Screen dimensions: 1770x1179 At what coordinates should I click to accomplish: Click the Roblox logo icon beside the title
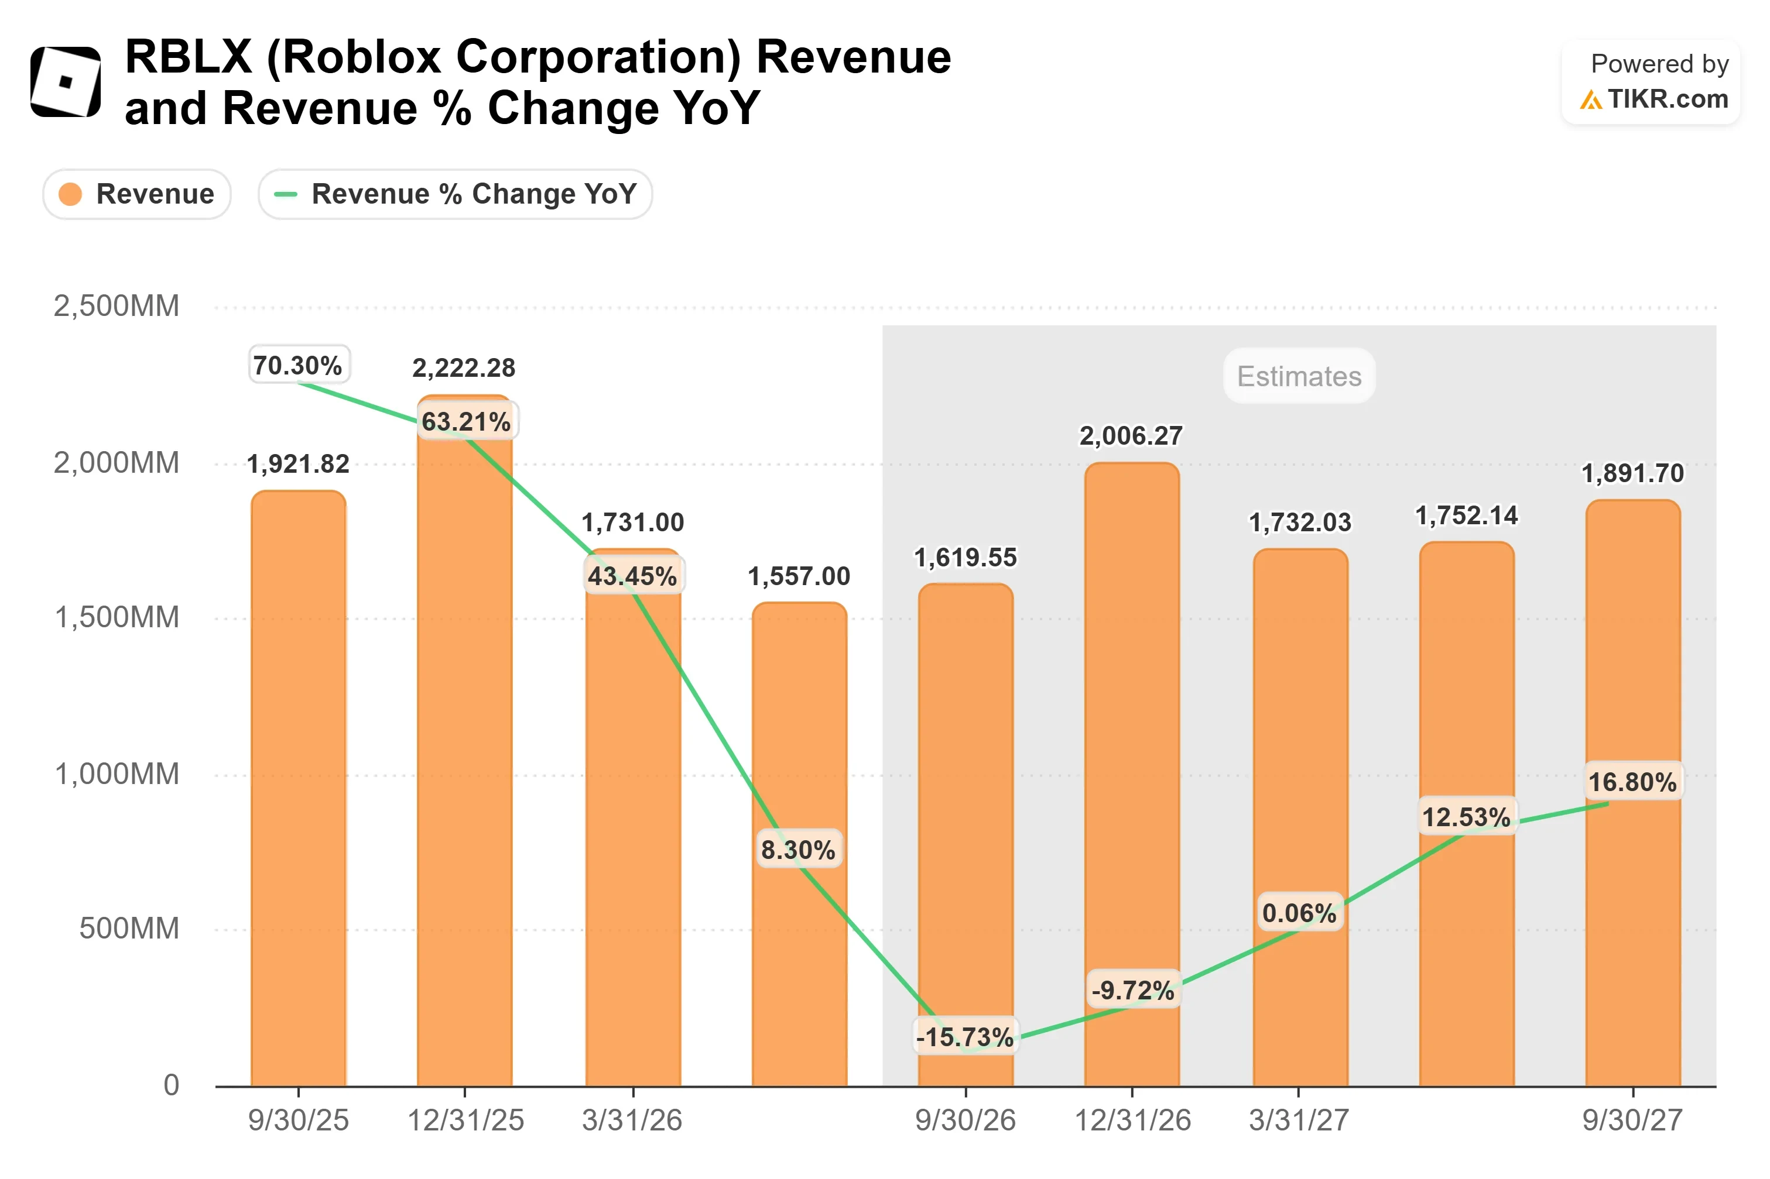pyautogui.click(x=66, y=81)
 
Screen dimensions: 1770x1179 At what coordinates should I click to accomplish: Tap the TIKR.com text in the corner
pyautogui.click(x=1667, y=98)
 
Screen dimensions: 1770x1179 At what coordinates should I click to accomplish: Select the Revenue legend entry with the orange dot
pyautogui.click(x=137, y=194)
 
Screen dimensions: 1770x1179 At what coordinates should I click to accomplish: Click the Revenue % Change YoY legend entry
pyautogui.click(x=455, y=194)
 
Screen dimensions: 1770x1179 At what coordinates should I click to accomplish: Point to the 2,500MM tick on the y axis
pyautogui.click(x=117, y=306)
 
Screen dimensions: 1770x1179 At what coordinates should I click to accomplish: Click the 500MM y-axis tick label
pyautogui.click(x=129, y=928)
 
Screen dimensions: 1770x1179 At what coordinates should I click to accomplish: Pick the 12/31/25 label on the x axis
pyautogui.click(x=465, y=1120)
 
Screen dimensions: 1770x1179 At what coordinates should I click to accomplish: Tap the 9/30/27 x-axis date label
pyautogui.click(x=1632, y=1120)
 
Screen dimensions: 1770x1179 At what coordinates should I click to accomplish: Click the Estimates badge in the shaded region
pyautogui.click(x=1299, y=376)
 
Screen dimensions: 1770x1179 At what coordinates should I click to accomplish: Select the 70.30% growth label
pyautogui.click(x=298, y=366)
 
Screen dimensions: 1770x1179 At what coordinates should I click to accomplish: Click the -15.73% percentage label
pyautogui.click(x=965, y=1037)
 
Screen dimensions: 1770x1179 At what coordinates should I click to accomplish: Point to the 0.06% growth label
pyautogui.click(x=1299, y=913)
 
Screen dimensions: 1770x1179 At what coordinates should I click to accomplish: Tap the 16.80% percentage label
pyautogui.click(x=1632, y=782)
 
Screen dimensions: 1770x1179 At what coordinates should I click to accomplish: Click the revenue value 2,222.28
pyautogui.click(x=464, y=367)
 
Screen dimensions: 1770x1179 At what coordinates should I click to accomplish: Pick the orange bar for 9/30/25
pyautogui.click(x=298, y=788)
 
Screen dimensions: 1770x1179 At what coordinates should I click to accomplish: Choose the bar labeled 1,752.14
pyautogui.click(x=1466, y=813)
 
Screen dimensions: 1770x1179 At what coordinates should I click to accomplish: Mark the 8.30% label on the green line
pyautogui.click(x=798, y=850)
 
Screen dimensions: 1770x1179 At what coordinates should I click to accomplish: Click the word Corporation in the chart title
pyautogui.click(x=598, y=57)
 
